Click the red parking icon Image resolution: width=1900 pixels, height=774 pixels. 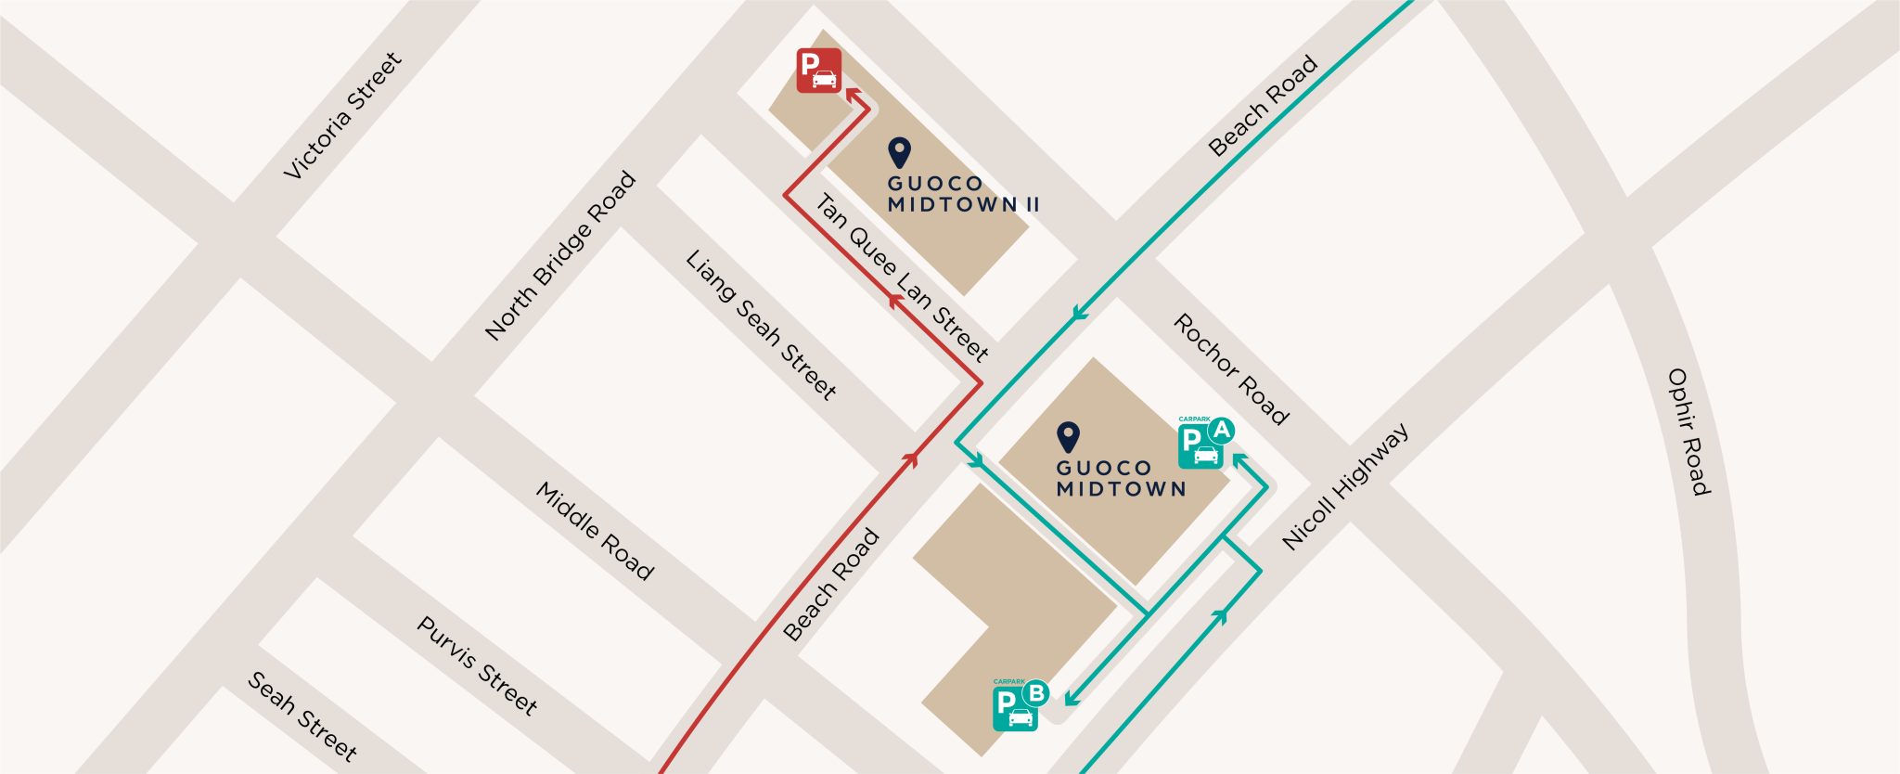point(818,71)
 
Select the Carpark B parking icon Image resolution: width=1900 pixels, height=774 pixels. point(1015,709)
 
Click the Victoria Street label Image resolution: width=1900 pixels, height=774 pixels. point(342,116)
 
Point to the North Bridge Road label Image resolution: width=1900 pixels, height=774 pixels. point(560,255)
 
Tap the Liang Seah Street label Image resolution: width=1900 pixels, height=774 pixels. point(761,325)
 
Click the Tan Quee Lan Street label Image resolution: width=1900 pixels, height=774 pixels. point(902,277)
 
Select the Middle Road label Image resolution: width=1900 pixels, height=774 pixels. point(595,531)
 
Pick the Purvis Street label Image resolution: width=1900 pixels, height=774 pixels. point(477,665)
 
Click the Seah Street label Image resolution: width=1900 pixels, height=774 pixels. point(302,716)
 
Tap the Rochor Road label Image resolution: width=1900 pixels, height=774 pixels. point(1231,368)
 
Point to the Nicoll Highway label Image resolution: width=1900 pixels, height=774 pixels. point(1345,486)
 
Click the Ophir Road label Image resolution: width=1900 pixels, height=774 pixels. point(1688,432)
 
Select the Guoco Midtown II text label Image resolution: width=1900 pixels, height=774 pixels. point(962,194)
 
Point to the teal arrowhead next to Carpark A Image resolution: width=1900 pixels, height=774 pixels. point(1237,458)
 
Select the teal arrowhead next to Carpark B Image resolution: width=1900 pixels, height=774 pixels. point(1071,698)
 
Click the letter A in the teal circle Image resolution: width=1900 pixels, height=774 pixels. point(1221,430)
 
